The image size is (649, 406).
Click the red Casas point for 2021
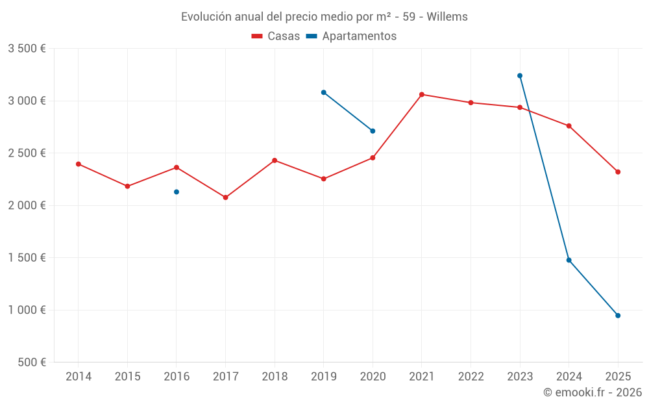tap(422, 94)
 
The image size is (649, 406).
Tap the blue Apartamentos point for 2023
tap(520, 75)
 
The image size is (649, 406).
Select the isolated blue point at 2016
tap(177, 192)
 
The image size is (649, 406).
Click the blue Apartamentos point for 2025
tap(618, 316)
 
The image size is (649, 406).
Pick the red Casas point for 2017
tap(225, 197)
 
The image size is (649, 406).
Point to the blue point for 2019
tap(323, 92)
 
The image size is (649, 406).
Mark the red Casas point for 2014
tap(79, 164)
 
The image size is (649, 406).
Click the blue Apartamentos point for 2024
tap(569, 260)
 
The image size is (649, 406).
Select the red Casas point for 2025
tap(618, 172)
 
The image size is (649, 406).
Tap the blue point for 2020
tap(373, 131)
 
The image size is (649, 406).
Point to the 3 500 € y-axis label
tap(27, 49)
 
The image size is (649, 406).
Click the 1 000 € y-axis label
tap(27, 310)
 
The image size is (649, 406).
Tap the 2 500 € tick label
tap(27, 153)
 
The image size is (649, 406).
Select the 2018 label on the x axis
tap(275, 377)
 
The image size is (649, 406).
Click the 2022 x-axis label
tap(471, 377)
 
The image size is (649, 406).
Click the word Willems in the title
tap(447, 17)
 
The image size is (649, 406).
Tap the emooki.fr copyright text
tap(593, 392)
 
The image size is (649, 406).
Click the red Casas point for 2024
tap(569, 125)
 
